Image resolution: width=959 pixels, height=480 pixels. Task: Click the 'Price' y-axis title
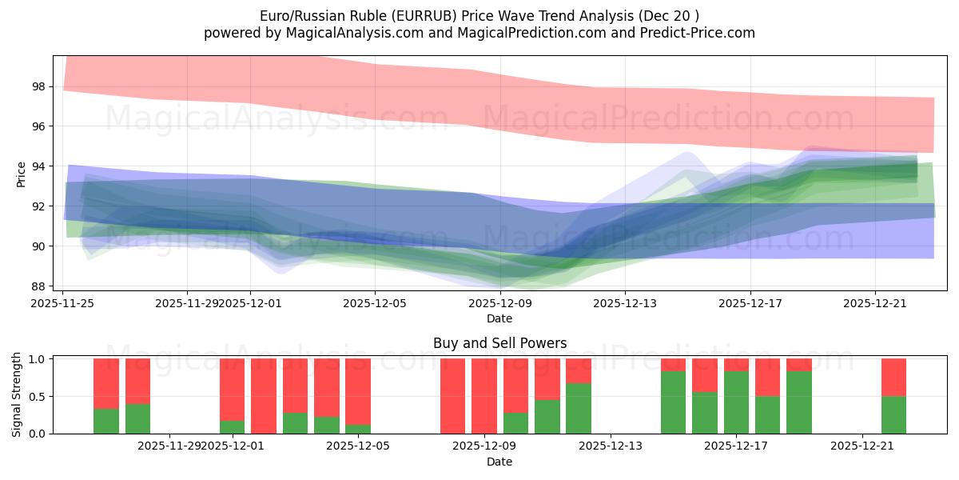(22, 174)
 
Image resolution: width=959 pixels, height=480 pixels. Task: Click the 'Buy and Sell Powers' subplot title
(499, 343)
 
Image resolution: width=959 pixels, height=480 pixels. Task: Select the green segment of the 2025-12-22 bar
(893, 414)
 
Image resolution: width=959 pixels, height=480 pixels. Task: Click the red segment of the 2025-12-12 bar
(579, 371)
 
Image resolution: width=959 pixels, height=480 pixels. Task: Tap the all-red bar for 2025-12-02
(264, 396)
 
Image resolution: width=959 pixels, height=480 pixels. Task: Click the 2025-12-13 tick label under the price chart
(625, 303)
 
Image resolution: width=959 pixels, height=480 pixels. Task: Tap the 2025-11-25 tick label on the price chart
(63, 303)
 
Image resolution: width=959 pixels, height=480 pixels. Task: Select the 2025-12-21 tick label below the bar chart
(862, 446)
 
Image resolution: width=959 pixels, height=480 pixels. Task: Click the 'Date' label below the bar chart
(499, 462)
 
